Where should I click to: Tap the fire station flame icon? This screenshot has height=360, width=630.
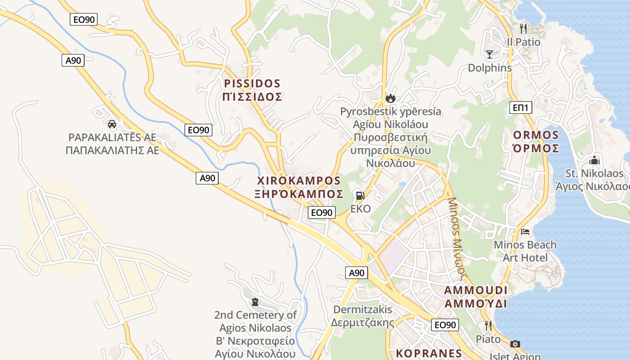point(390,98)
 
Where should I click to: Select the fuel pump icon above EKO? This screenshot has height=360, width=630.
point(360,196)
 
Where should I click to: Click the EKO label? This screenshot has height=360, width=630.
point(360,209)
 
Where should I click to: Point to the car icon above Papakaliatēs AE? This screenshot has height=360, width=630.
point(112,124)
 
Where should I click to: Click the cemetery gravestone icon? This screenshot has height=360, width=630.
point(255,302)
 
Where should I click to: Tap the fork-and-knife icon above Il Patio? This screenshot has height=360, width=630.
point(523,29)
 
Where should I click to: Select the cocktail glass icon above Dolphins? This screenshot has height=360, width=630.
point(490,54)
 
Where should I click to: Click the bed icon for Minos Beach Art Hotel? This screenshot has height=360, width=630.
point(525,232)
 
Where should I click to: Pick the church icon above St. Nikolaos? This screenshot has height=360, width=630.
point(594,160)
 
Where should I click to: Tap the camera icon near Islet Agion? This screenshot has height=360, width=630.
point(515,344)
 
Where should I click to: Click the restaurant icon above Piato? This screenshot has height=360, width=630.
point(488,325)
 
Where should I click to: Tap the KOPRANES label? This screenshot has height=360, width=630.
point(429,353)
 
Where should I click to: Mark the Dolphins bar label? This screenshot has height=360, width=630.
point(490,68)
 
